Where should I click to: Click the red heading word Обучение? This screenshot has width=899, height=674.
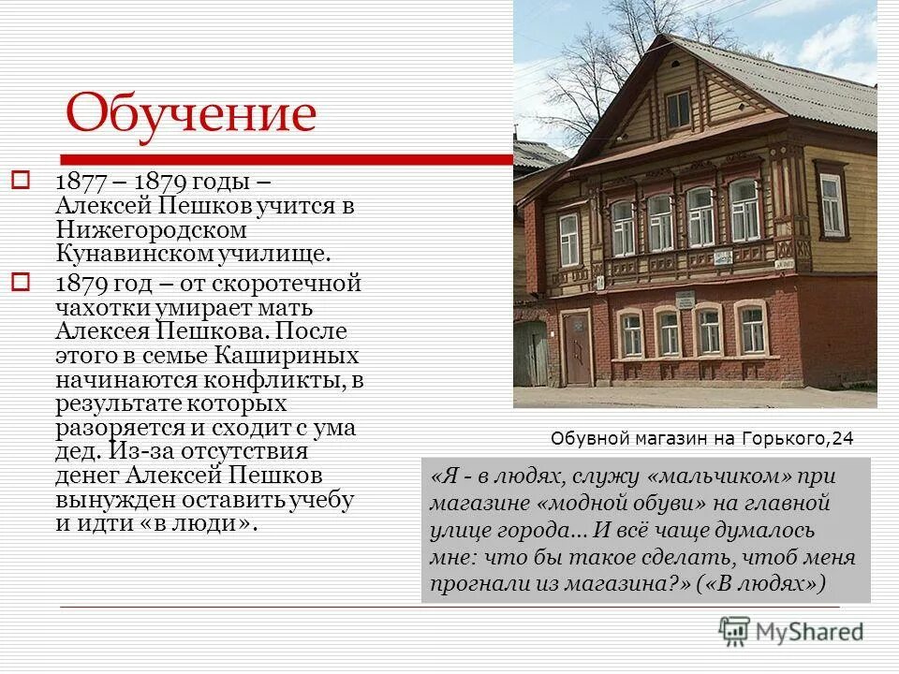191,114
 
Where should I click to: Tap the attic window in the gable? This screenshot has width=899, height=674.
678,109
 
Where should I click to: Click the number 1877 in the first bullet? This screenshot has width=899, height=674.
78,180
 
